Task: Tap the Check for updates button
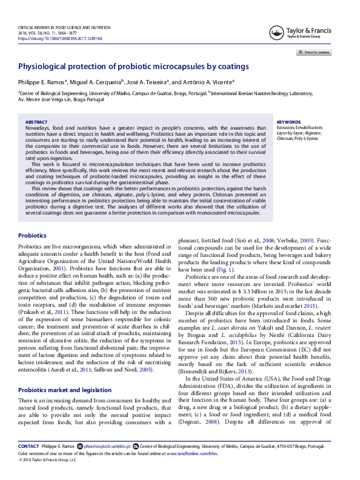click(313, 53)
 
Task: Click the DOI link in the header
click(60, 38)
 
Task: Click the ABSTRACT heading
click(37, 122)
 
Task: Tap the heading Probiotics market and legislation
click(65, 373)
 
